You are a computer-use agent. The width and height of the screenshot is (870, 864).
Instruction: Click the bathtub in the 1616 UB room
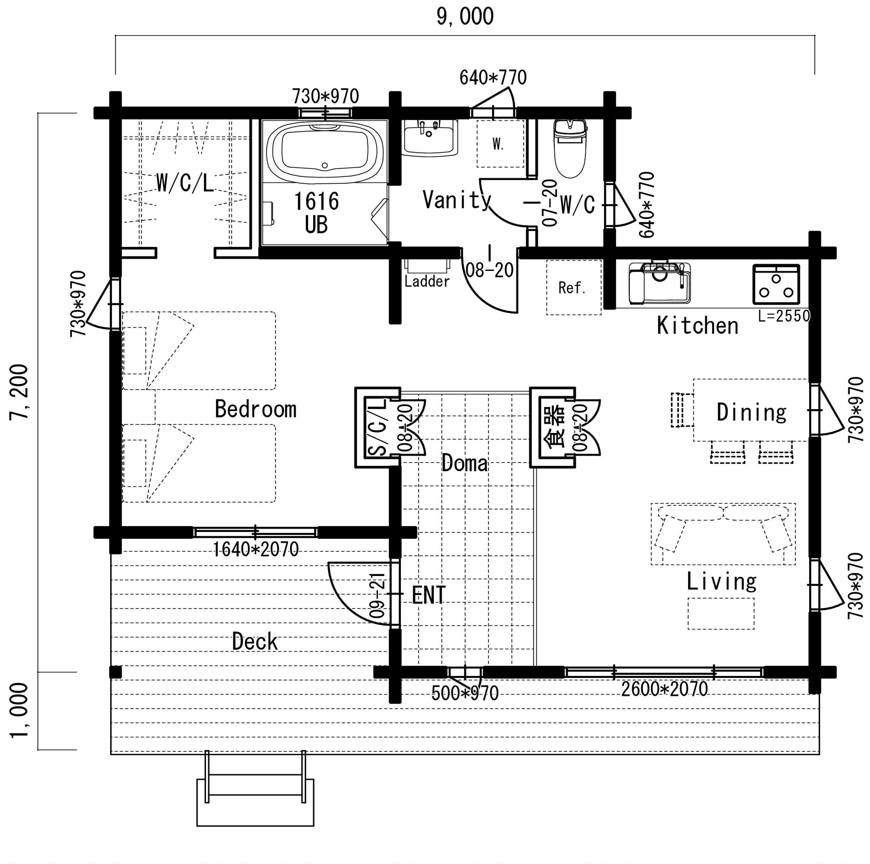click(325, 152)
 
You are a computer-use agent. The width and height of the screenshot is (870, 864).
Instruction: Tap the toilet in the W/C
click(570, 148)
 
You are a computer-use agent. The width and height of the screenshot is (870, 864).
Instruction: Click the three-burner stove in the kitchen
click(776, 284)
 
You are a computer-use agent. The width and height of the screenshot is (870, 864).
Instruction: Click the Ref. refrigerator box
click(574, 288)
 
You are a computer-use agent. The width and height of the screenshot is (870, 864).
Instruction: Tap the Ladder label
click(427, 282)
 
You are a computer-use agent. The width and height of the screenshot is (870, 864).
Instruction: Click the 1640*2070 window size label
click(255, 550)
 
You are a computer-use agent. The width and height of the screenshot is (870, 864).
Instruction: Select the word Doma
click(465, 463)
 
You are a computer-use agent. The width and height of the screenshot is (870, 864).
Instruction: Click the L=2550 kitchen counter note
click(784, 316)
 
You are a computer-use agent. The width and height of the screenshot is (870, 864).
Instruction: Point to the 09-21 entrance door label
click(377, 595)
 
